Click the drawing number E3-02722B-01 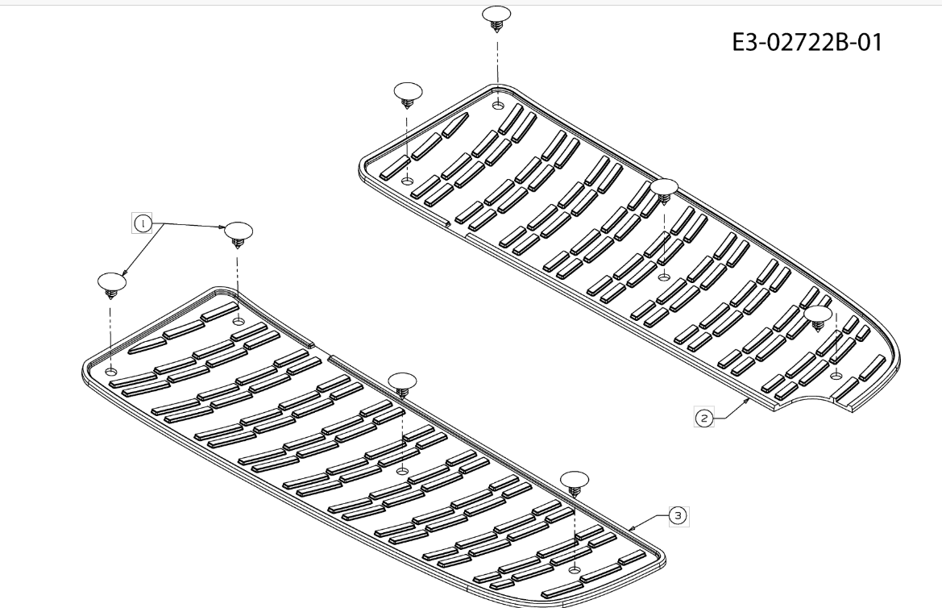807,42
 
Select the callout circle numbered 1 143,223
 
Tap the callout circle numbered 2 703,418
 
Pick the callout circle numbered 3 678,515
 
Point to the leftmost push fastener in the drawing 112,284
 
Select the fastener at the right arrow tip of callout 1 238,233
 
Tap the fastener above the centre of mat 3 401,383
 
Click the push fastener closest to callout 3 575,481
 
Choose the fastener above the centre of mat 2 663,190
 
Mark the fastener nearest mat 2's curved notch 819,317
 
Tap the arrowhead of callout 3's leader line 633,527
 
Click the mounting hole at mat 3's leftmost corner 110,371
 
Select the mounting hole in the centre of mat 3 403,470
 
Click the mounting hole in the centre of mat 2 663,277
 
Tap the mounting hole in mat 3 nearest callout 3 574,570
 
